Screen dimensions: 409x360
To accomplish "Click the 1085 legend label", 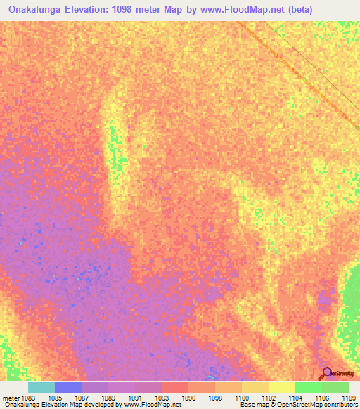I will point(54,397).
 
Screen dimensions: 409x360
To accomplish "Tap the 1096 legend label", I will point(188,397).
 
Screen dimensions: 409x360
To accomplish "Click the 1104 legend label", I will point(296,397).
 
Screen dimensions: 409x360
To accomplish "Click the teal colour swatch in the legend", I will point(41,387).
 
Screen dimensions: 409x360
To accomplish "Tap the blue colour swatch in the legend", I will point(68,387).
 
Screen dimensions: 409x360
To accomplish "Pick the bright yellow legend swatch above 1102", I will point(281,387).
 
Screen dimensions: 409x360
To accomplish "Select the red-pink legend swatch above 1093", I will point(175,387).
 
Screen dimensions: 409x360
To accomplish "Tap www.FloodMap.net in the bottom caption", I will point(152,405).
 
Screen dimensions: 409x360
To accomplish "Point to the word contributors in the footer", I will point(342,405).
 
